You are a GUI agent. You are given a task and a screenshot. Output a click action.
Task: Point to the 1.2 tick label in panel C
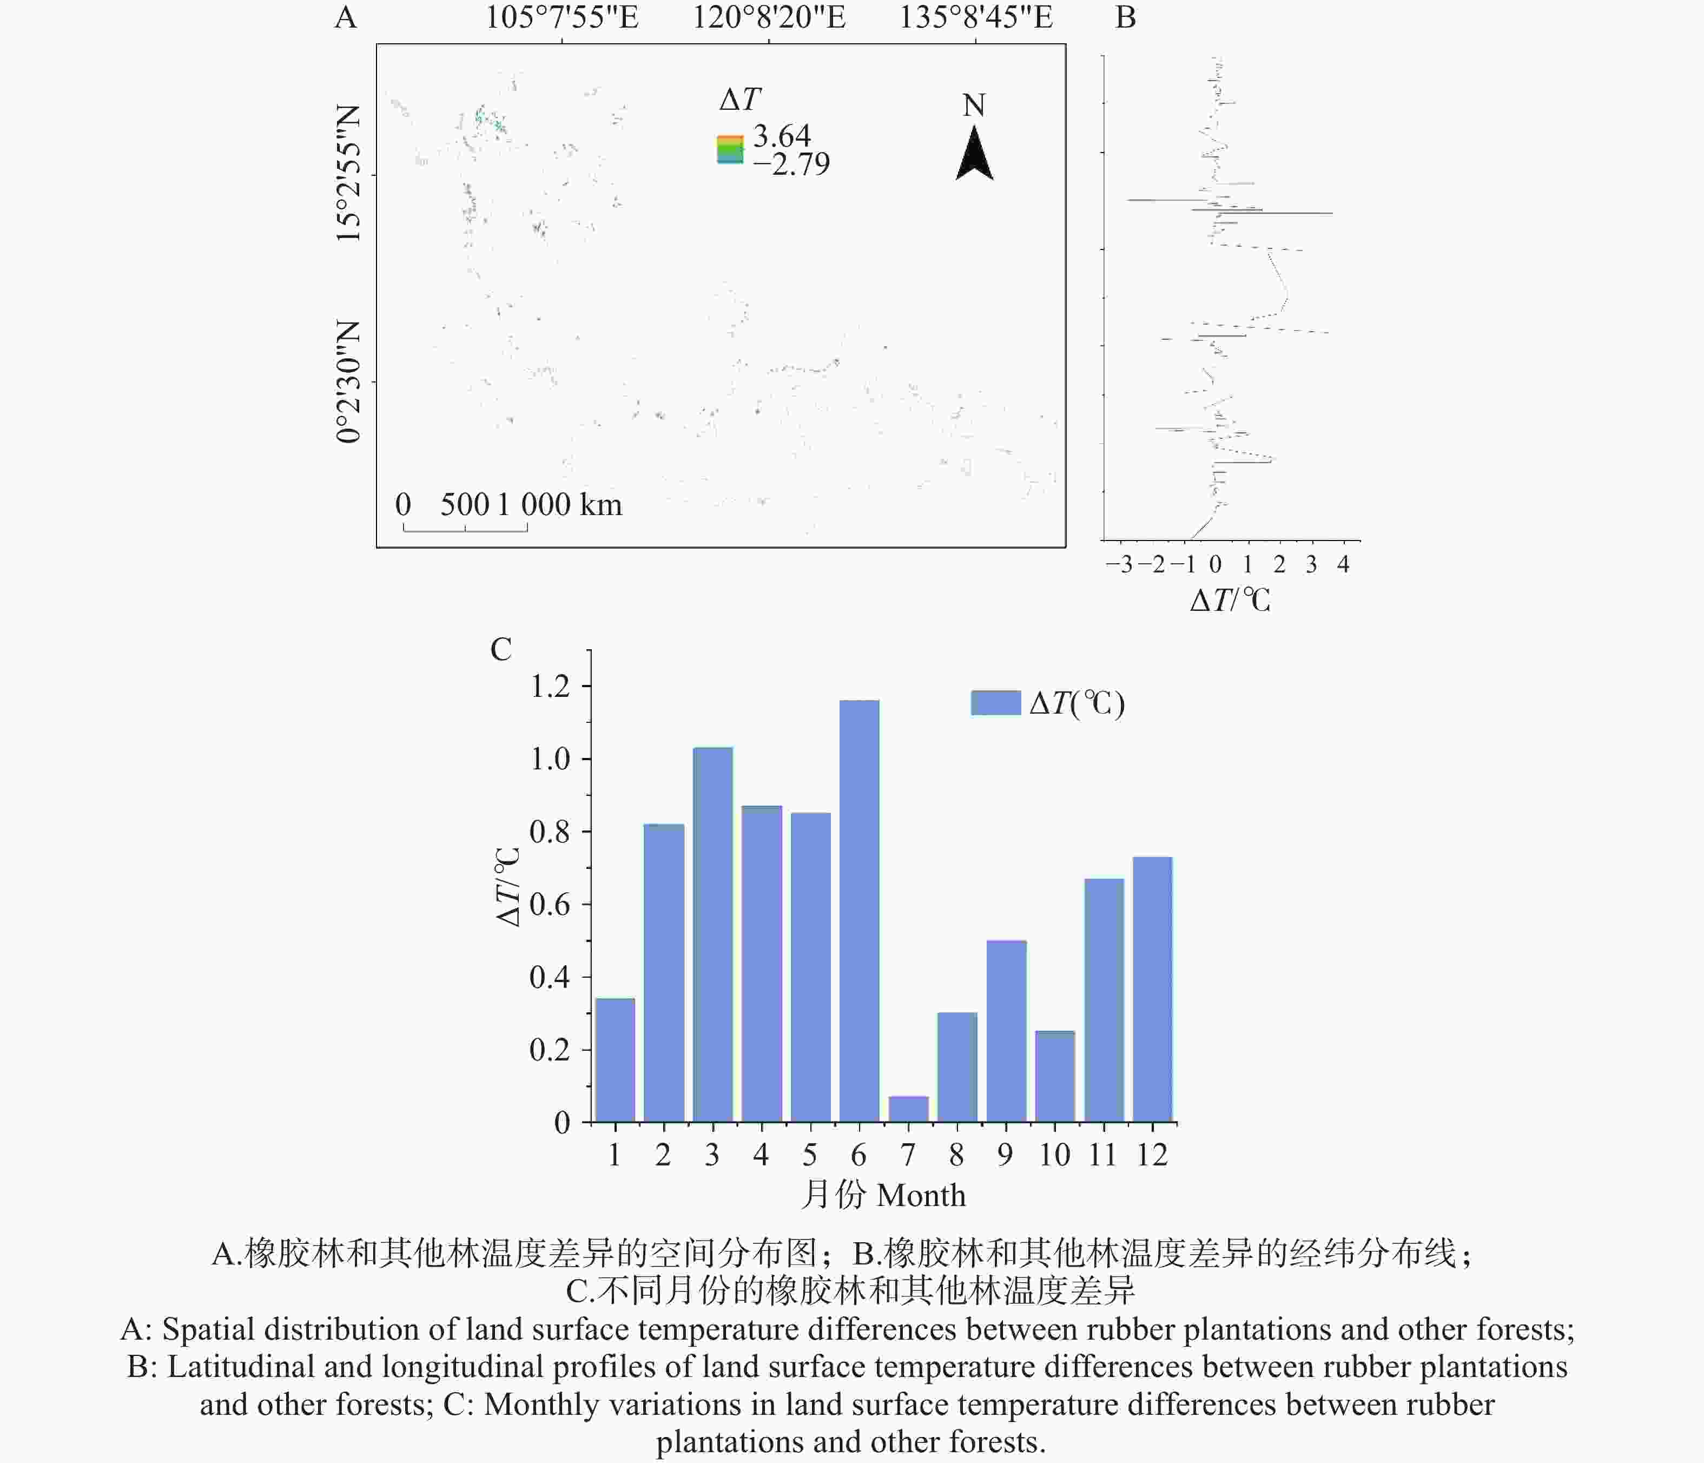(x=550, y=686)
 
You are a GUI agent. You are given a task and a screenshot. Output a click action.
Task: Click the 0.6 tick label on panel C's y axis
(x=550, y=905)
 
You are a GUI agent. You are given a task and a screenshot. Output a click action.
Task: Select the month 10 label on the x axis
(x=1054, y=1155)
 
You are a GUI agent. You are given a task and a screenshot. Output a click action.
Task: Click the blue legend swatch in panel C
(x=995, y=703)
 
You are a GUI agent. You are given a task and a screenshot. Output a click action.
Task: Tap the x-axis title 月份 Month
(x=883, y=1195)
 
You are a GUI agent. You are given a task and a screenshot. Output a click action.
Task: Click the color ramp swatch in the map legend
(x=729, y=150)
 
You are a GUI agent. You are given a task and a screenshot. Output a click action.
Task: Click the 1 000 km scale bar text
(x=559, y=505)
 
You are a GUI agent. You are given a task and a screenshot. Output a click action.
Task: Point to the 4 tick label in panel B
(x=1343, y=564)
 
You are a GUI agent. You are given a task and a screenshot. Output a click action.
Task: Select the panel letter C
(x=501, y=649)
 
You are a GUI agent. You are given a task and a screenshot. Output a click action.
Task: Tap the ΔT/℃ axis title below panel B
(x=1230, y=601)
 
